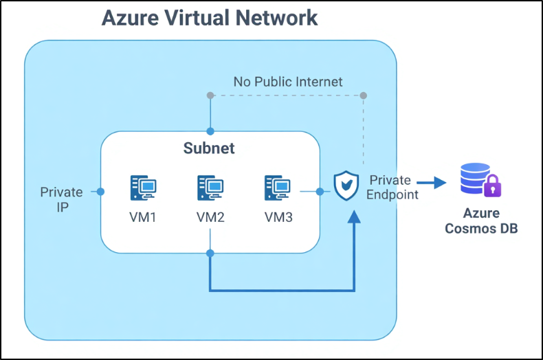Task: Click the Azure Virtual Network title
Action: coord(210,18)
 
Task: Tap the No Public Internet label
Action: coord(287,82)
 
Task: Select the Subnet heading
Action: coord(209,148)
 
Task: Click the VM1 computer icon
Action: coord(143,188)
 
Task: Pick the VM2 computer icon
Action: coord(210,188)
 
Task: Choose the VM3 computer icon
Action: coord(278,188)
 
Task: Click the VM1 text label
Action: coord(143,218)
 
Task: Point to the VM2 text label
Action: coord(210,218)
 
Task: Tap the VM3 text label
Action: coord(278,218)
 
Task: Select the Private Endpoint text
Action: coord(392,187)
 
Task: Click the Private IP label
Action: coord(62,199)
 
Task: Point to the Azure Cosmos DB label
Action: coord(481,221)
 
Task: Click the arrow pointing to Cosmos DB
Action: coord(434,183)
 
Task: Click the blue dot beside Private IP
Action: coord(101,191)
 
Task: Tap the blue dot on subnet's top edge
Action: coord(210,131)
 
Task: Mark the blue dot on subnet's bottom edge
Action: coord(210,254)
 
